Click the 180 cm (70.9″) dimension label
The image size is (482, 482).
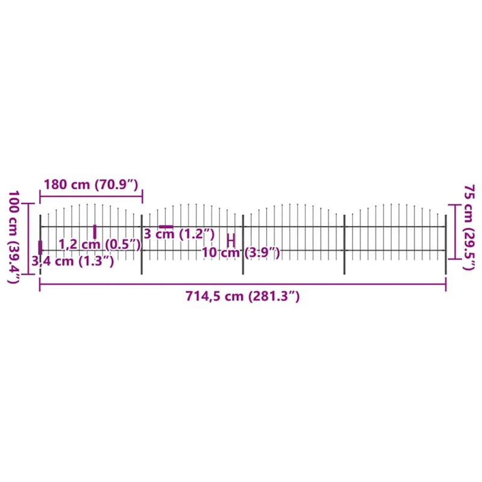[92, 184]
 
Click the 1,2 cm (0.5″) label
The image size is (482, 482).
[99, 244]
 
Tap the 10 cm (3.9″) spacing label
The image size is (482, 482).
[241, 253]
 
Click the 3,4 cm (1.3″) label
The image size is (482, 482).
[72, 260]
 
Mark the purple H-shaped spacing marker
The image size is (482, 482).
[231, 240]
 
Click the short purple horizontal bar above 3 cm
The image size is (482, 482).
[166, 227]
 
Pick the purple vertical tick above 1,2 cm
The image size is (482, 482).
[95, 231]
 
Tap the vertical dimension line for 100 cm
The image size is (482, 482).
[30, 238]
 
